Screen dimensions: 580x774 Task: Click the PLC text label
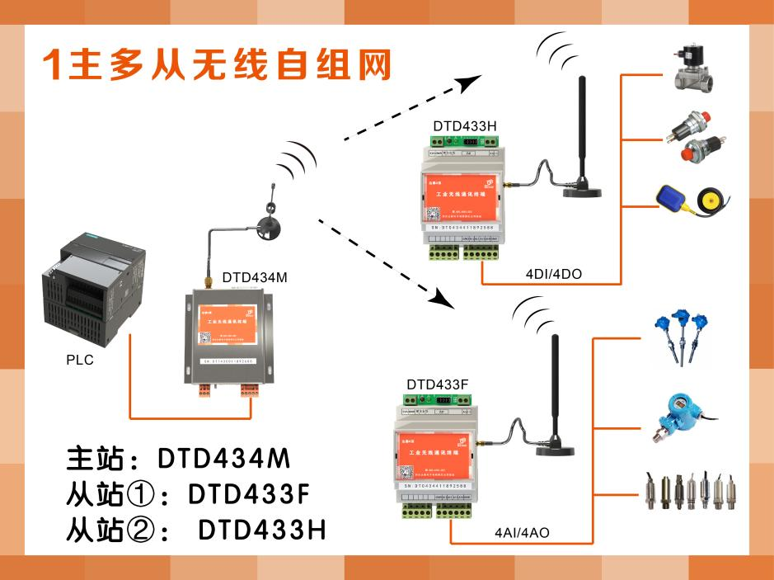[x=80, y=361]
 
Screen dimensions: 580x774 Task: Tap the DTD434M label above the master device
[x=255, y=278]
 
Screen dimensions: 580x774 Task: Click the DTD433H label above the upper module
[x=465, y=126]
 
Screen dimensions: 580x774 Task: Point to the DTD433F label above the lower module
[x=438, y=385]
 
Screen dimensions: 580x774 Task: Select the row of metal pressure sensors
[x=687, y=492]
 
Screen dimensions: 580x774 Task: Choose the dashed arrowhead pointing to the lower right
[x=443, y=299]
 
